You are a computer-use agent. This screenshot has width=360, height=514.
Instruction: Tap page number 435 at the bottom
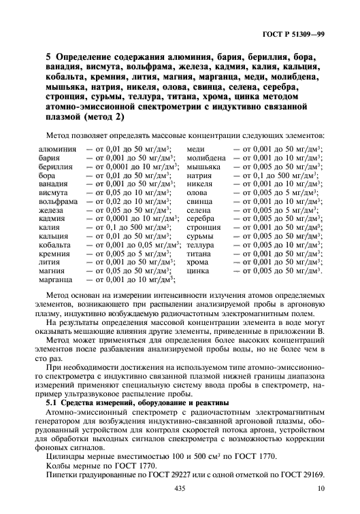click(180, 489)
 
